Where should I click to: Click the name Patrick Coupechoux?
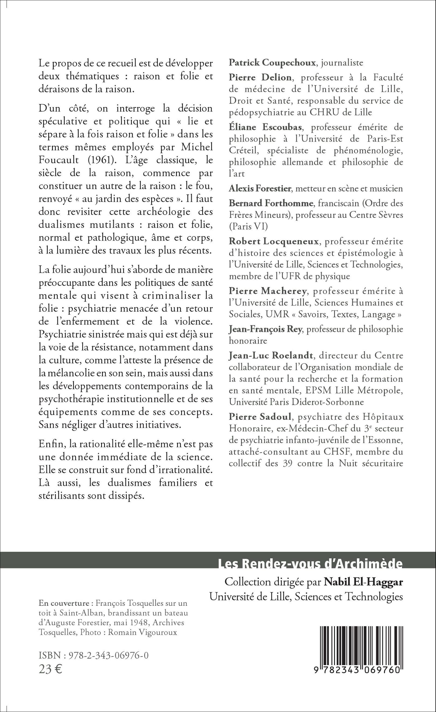click(272, 63)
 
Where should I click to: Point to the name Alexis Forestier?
click(260, 189)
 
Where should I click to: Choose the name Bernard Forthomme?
click(271, 203)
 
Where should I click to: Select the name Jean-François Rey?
click(265, 329)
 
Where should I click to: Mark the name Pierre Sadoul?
click(259, 417)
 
